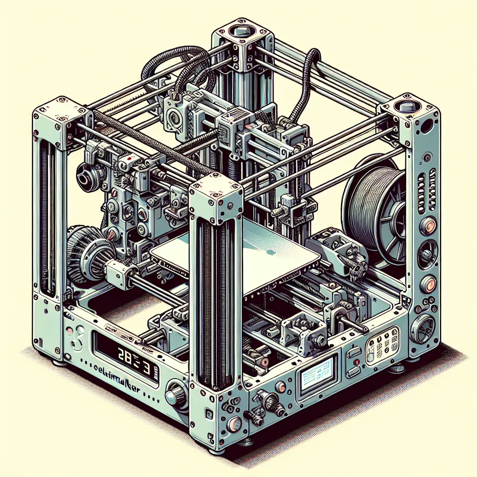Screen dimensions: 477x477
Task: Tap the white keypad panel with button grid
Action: pos(383,344)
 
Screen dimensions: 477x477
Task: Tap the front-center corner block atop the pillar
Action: pos(215,198)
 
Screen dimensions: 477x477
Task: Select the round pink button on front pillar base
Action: pos(234,423)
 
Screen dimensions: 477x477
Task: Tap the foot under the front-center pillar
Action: pos(215,451)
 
